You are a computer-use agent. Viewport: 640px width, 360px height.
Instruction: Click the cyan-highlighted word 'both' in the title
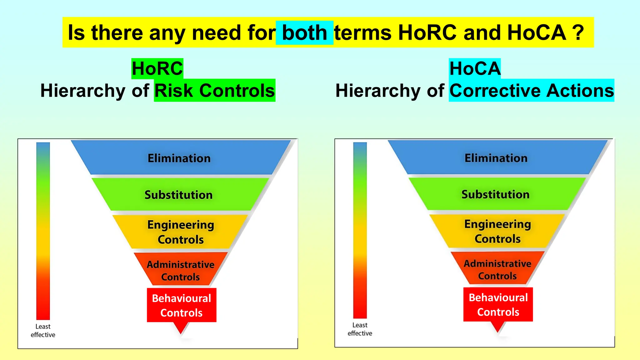(x=304, y=33)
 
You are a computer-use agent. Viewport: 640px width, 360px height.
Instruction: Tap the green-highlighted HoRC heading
(x=157, y=68)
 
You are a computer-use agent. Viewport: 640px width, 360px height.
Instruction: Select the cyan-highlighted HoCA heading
(x=475, y=68)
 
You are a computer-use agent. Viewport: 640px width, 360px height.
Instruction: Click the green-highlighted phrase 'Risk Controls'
(x=215, y=91)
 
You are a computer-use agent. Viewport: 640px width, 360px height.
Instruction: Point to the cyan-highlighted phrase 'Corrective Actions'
(x=532, y=91)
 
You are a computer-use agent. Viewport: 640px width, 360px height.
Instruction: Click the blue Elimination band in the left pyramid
(x=179, y=158)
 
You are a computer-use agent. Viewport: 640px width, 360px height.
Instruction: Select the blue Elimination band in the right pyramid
(x=496, y=158)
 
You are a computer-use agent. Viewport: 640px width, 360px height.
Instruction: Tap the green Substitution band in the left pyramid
(x=179, y=195)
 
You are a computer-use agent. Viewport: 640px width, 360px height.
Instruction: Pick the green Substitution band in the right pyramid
(x=496, y=194)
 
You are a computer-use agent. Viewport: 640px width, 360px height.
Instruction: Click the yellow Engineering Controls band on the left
(x=181, y=232)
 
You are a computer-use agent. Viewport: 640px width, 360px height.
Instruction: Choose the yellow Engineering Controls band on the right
(x=497, y=231)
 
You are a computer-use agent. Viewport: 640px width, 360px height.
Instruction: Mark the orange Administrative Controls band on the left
(x=181, y=270)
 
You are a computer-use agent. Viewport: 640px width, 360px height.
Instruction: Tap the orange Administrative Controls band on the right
(x=497, y=269)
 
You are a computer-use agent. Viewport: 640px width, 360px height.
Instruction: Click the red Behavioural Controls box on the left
(x=182, y=305)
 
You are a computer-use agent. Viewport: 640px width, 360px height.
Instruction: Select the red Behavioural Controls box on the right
(x=498, y=304)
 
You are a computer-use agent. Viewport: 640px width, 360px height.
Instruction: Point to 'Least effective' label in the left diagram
(x=43, y=331)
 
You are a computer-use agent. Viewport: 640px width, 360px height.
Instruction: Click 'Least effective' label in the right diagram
(x=360, y=329)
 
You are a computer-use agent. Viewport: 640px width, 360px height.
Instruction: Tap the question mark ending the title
(x=578, y=33)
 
